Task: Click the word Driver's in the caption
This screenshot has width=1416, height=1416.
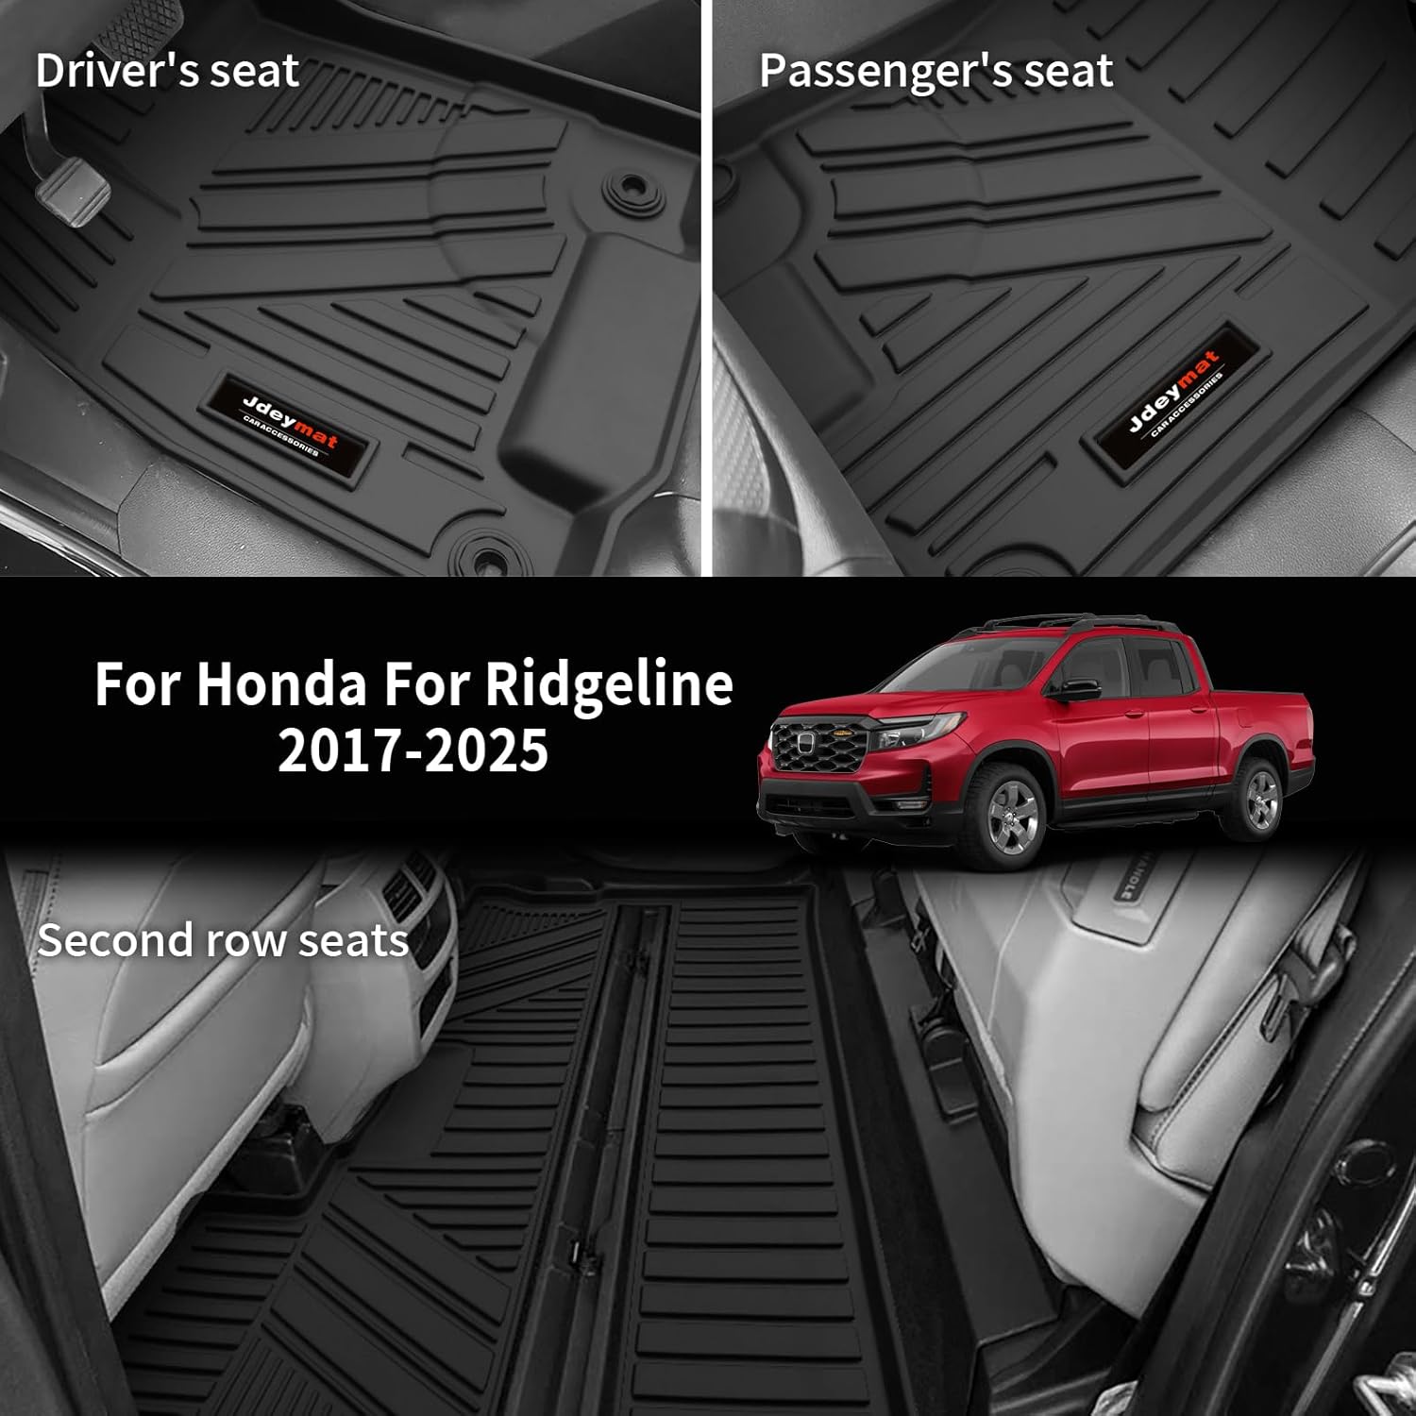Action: click(112, 72)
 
